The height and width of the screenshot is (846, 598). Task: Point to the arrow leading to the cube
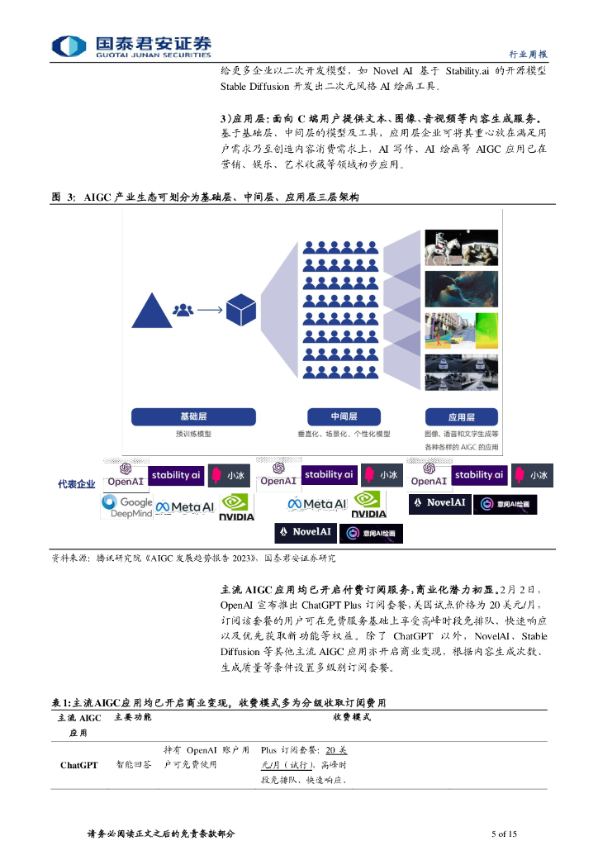[209, 310]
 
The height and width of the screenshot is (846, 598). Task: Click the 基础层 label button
[193, 416]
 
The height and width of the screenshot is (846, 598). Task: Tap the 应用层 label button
[461, 416]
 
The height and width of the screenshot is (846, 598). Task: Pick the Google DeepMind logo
[127, 506]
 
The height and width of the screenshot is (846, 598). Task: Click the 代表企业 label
[76, 484]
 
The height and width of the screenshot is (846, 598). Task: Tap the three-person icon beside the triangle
[183, 310]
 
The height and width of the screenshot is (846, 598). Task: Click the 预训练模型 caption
[193, 434]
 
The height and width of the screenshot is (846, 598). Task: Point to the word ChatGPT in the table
[79, 765]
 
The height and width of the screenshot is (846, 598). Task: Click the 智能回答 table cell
[133, 765]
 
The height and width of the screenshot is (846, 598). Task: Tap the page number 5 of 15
[503, 833]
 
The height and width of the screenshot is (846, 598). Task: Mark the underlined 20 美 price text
[335, 750]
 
